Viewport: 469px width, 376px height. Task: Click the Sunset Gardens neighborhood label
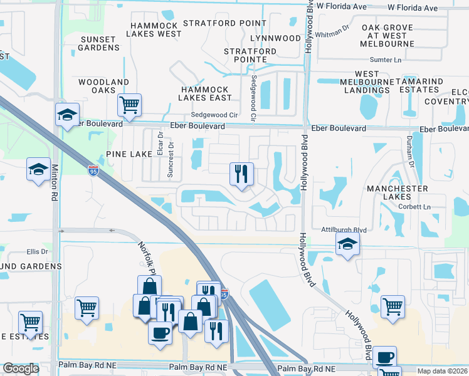point(98,44)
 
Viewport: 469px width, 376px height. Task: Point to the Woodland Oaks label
point(103,86)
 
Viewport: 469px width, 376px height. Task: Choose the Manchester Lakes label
point(397,193)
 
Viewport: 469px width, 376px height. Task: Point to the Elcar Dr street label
point(161,144)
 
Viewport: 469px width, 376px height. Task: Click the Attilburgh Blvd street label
point(343,230)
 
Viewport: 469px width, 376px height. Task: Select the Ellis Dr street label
point(37,252)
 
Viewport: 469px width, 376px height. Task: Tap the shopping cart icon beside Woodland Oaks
point(129,105)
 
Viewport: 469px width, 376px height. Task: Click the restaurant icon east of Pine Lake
point(241,174)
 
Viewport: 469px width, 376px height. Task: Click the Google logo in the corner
point(21,368)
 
